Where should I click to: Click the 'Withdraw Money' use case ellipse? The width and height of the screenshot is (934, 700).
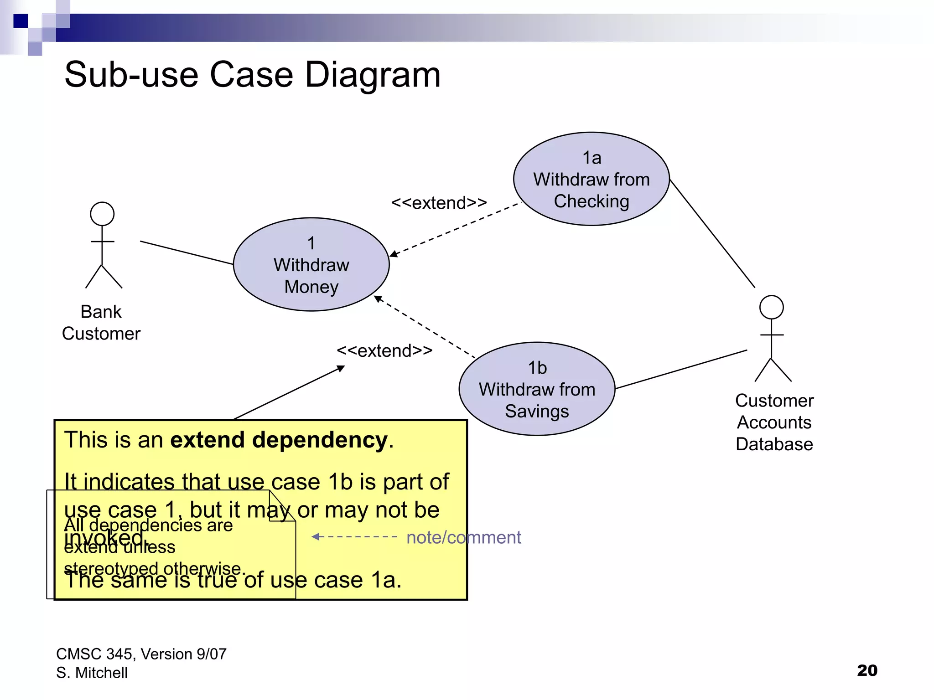(x=311, y=265)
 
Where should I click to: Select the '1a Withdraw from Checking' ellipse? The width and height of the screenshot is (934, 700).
(x=591, y=179)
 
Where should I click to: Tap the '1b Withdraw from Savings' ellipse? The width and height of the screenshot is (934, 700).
(x=537, y=389)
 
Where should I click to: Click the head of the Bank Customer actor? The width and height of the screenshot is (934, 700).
(x=102, y=214)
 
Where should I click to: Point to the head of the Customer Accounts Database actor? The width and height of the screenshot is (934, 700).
(x=771, y=307)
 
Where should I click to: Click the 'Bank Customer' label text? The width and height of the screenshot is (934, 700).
(x=101, y=323)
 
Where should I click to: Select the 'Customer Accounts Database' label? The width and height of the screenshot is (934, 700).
(x=774, y=422)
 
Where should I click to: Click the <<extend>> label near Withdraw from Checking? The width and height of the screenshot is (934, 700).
(x=439, y=203)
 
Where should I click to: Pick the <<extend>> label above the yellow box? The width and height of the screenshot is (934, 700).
(x=384, y=350)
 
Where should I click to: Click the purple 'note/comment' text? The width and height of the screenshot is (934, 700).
(x=463, y=537)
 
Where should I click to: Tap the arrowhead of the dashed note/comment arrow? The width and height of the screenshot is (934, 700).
(x=315, y=537)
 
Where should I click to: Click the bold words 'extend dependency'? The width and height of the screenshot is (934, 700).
(x=279, y=440)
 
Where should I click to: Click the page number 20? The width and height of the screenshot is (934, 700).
(x=867, y=670)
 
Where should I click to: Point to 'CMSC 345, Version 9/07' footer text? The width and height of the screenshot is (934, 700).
(x=141, y=654)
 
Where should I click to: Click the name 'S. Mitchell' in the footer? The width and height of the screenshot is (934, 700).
(x=92, y=673)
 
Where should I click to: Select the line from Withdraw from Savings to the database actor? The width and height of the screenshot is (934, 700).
(x=681, y=369)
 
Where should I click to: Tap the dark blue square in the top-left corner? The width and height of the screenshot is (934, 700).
(x=21, y=21)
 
